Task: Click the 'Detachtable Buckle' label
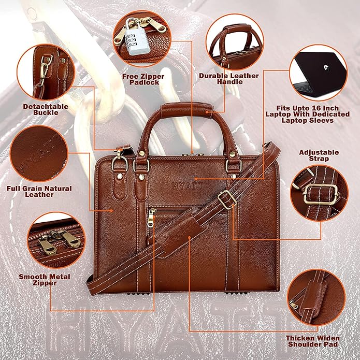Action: tap(45, 109)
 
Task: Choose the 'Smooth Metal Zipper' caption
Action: tap(45, 280)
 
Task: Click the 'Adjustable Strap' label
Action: tap(319, 155)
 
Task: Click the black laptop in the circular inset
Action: tap(318, 73)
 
